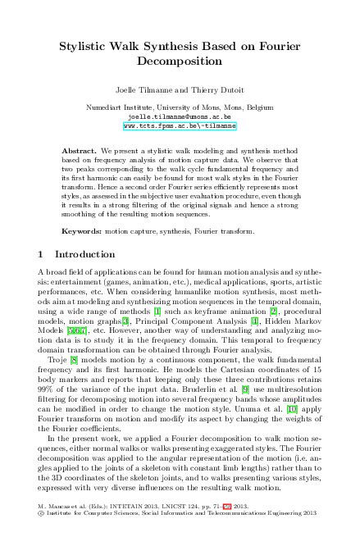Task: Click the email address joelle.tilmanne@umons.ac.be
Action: [180, 117]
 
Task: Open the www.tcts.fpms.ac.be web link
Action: [180, 127]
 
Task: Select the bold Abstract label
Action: [80, 152]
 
